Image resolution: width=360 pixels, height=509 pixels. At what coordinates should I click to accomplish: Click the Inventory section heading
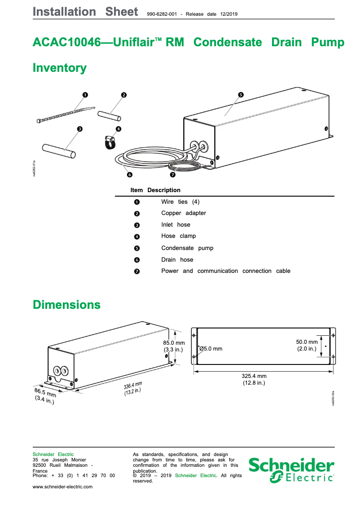pos(60,68)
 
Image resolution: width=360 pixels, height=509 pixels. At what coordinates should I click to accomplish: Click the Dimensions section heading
pos(66,305)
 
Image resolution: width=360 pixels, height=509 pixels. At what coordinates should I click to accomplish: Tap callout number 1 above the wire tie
pos(85,95)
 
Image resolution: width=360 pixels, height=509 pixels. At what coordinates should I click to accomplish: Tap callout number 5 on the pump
pos(241,95)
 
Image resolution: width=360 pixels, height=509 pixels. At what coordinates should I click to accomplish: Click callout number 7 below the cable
pos(173,175)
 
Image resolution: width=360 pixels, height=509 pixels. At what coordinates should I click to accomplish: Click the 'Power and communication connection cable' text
pos(225,271)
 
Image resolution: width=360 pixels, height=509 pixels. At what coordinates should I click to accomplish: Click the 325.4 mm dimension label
pos(254,376)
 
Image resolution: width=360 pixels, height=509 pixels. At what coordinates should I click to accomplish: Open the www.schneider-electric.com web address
pos(62,487)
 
